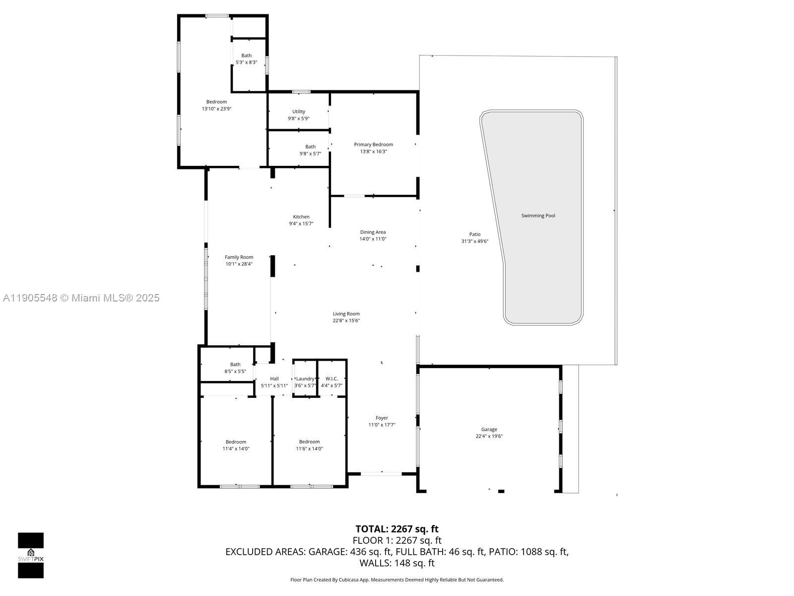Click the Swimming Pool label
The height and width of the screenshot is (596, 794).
[538, 216]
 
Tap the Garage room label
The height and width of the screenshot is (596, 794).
[489, 430]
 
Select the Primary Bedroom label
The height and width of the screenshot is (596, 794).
[373, 145]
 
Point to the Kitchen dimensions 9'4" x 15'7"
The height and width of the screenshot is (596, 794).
[301, 223]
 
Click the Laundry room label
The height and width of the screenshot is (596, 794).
[305, 378]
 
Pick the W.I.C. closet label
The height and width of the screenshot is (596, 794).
[331, 378]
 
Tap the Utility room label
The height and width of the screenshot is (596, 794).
[299, 112]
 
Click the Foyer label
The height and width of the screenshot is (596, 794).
[382, 418]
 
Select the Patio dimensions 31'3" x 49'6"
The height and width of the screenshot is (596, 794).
[475, 241]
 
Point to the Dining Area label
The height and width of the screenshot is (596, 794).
[373, 232]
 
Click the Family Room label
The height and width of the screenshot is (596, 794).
[239, 257]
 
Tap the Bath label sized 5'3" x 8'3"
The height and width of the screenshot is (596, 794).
[246, 56]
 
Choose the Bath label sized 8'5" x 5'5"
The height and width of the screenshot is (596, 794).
[235, 365]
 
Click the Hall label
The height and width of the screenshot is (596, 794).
[274, 378]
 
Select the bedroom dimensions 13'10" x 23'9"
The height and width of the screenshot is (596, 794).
[216, 108]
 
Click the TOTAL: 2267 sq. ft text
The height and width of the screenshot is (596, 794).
[397, 529]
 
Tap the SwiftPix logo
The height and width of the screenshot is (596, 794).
[31, 555]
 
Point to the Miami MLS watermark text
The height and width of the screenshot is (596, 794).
[81, 298]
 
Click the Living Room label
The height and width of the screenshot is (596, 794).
[346, 314]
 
